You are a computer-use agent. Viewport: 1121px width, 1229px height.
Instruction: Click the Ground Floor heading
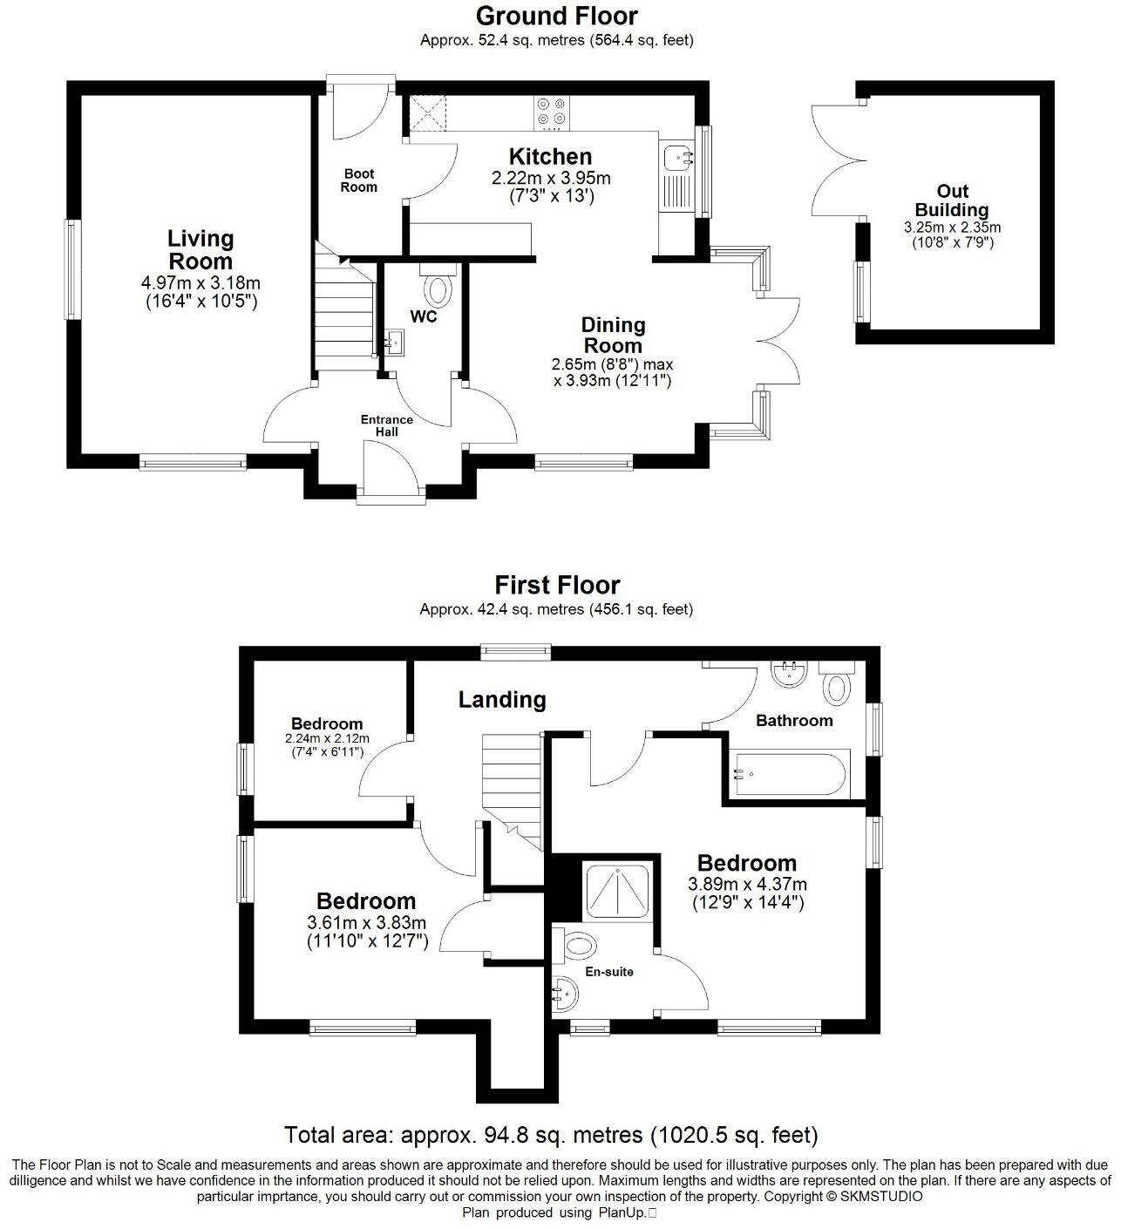tap(556, 16)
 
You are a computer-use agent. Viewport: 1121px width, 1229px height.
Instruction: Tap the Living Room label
tap(200, 250)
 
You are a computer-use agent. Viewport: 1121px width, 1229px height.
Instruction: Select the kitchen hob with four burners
tap(551, 110)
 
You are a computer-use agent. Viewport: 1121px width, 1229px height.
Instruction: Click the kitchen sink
tap(677, 158)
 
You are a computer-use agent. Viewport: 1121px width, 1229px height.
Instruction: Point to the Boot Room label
tap(358, 180)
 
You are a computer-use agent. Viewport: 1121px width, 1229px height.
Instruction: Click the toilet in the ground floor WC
tap(438, 288)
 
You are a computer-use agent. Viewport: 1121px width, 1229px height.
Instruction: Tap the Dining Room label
tap(613, 335)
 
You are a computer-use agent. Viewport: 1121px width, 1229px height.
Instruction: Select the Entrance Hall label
tap(386, 425)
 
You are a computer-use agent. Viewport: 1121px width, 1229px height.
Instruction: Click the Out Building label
tap(952, 200)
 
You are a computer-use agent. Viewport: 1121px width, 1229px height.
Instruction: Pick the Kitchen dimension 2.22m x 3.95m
tap(550, 178)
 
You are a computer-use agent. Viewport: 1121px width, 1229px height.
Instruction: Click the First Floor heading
tap(556, 585)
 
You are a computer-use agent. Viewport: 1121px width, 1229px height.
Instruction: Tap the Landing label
tap(502, 699)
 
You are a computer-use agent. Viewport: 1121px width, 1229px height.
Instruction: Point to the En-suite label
tap(608, 971)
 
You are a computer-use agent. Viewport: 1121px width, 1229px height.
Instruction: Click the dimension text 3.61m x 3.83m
tap(366, 922)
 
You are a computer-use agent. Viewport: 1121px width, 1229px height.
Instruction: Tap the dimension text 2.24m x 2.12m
tap(327, 738)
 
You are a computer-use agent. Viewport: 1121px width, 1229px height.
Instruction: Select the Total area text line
tap(551, 1135)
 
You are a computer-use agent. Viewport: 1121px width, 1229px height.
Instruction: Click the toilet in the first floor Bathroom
tap(838, 687)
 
